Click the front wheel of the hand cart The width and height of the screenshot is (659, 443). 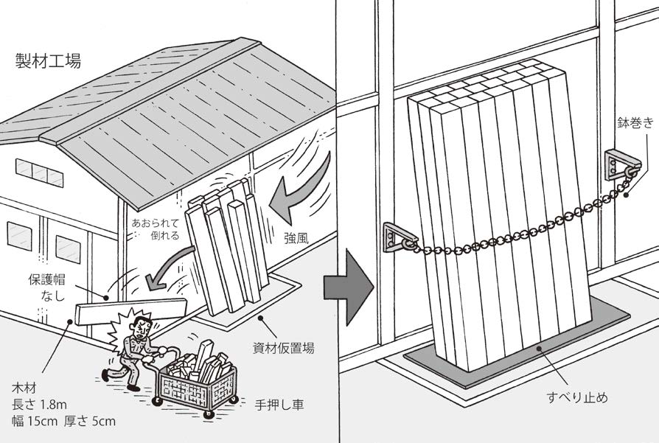pos(158,402)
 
